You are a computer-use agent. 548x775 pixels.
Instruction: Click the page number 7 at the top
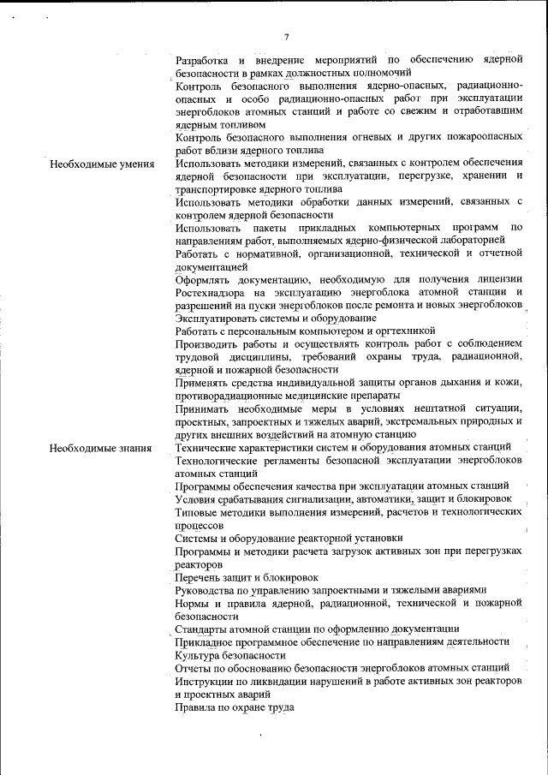click(286, 36)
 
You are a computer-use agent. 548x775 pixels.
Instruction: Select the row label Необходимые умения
click(102, 164)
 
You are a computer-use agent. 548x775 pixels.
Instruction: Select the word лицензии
click(497, 279)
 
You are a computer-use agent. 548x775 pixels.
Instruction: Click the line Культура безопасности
click(230, 654)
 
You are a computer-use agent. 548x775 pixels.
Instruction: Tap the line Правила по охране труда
click(235, 707)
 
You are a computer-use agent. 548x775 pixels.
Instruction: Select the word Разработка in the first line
click(202, 60)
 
